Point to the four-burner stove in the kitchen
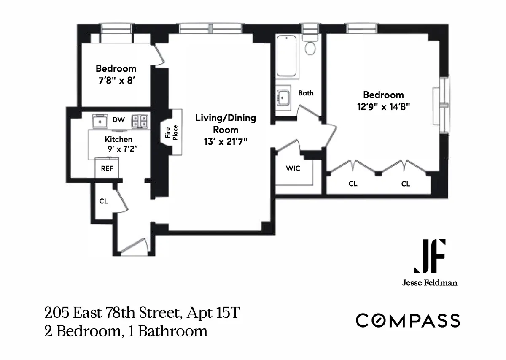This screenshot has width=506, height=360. pos(139,121)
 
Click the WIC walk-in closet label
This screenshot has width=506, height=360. pos(293,168)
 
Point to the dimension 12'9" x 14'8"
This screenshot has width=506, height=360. pos(383,107)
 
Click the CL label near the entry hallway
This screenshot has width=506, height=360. pos(103,201)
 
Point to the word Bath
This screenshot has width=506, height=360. pos(306,93)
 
